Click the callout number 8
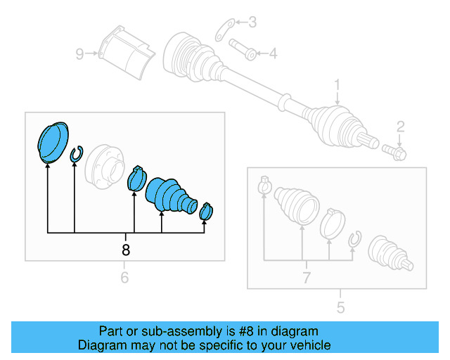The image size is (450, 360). (126, 250)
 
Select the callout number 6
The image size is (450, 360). (124, 278)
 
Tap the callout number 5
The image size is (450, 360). (340, 307)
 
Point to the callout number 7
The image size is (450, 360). (306, 278)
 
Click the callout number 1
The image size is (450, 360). (337, 85)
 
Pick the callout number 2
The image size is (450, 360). (400, 127)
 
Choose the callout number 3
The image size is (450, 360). (252, 22)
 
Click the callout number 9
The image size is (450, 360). (80, 53)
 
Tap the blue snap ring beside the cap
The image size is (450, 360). (77, 154)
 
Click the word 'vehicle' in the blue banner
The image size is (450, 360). (307, 345)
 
